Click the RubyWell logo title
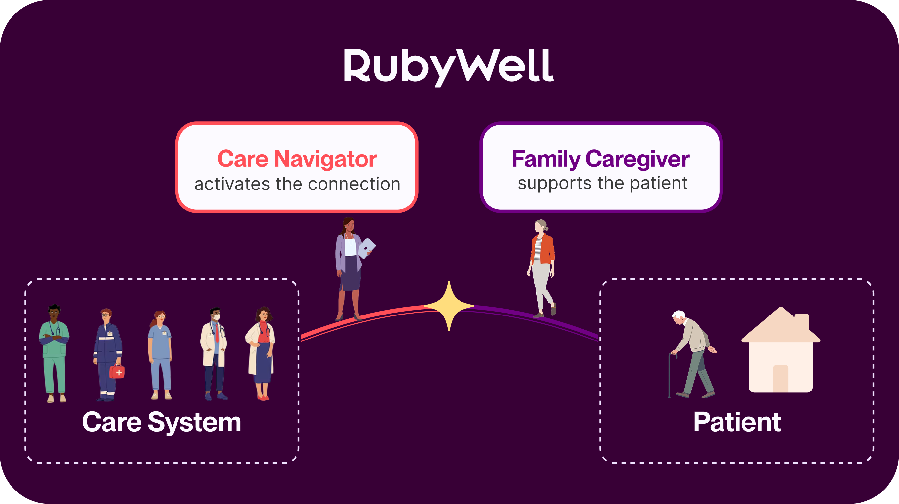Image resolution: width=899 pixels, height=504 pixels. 448,66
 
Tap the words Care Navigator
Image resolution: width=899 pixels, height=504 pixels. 297,159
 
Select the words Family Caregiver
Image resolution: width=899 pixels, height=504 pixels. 600,159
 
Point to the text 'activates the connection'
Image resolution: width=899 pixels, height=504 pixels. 297,184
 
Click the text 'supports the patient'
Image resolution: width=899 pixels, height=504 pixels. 603,183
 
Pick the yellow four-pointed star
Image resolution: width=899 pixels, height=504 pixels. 449,306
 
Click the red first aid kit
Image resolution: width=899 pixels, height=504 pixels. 117,372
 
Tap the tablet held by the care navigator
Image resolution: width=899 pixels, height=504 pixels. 367,248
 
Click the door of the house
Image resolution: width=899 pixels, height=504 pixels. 780,379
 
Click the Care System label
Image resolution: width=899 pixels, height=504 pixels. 162,422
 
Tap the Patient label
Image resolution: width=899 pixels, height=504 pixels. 737,422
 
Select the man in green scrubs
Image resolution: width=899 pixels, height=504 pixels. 54,353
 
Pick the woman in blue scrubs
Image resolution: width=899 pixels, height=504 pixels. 160,355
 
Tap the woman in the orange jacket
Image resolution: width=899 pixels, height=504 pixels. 542,267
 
